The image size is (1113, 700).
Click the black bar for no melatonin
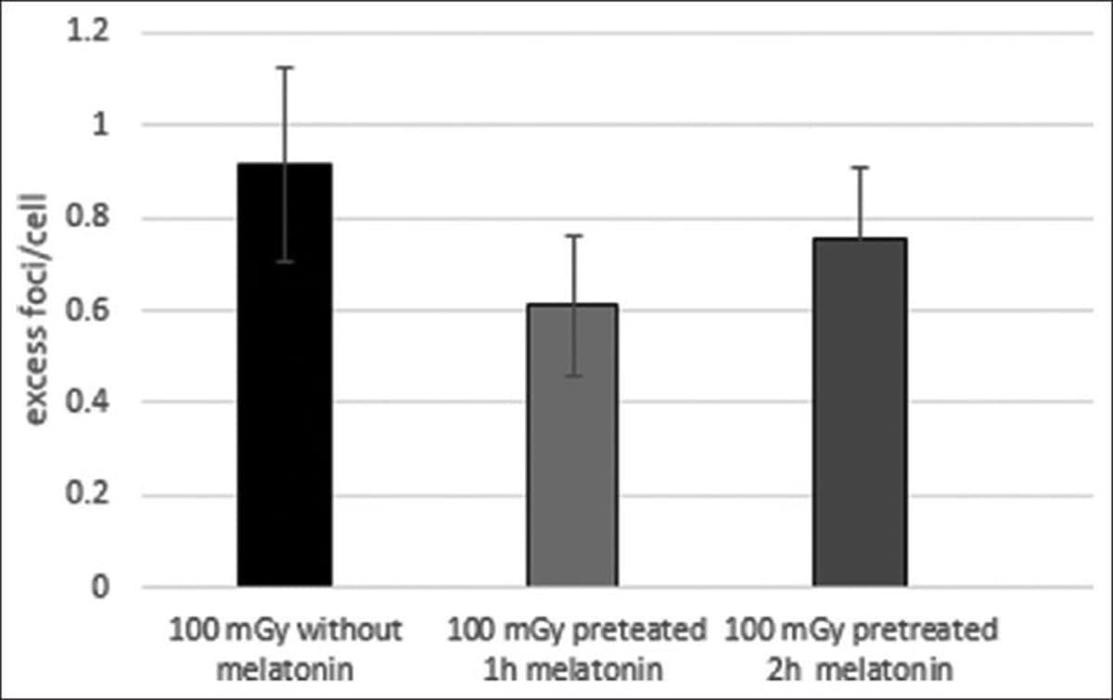coord(285,375)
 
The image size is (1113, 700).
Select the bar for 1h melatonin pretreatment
coord(572,445)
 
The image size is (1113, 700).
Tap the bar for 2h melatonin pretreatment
coord(860,412)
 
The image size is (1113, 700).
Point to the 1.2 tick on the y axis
coord(87,32)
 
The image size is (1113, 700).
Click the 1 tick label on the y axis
coord(100,124)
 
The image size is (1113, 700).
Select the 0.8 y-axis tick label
coord(87,218)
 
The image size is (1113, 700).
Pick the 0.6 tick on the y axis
coord(87,310)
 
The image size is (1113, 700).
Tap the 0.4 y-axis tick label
coord(87,401)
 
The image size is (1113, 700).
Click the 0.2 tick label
coord(87,494)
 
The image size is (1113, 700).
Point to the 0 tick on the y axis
coord(100,587)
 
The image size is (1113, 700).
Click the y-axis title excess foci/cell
coord(36,309)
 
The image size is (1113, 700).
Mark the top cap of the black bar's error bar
coord(285,67)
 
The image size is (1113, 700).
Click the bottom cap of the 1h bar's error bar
coord(574,375)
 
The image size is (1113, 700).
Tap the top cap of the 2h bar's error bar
coord(861,168)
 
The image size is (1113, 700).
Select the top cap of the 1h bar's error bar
coord(574,235)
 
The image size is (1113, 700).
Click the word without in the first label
coord(350,630)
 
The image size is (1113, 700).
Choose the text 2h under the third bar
coord(783,669)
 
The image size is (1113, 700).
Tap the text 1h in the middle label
coord(500,669)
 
